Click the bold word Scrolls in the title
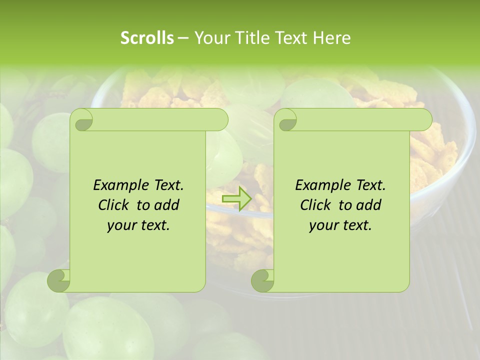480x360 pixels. [x=147, y=37]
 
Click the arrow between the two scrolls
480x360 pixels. [x=236, y=199]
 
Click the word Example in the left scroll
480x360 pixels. [x=118, y=185]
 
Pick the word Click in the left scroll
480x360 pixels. [x=114, y=205]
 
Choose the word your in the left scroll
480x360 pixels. [x=121, y=225]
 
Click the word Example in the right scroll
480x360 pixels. [x=320, y=185]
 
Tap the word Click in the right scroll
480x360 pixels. [x=316, y=205]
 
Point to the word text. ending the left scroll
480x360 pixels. [x=153, y=225]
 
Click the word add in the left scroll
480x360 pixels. [x=167, y=205]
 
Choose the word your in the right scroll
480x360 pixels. [x=323, y=225]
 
